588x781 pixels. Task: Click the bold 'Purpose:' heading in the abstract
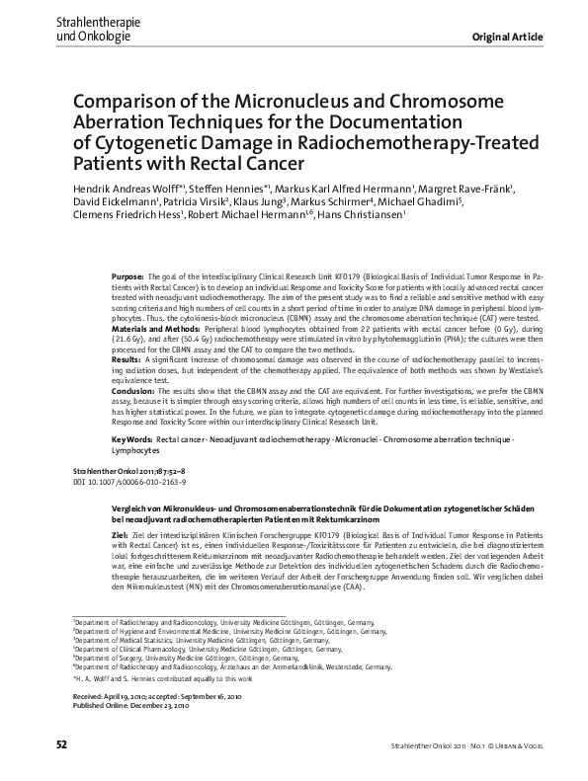coord(128,280)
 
